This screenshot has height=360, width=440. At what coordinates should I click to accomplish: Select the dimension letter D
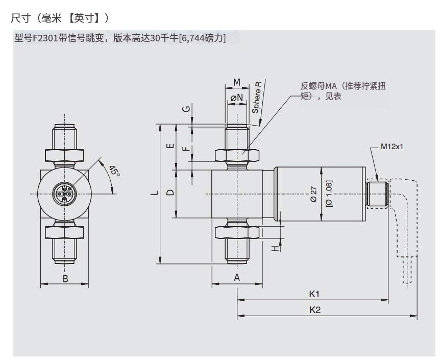click(170, 193)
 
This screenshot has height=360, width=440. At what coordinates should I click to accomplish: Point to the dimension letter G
click(187, 109)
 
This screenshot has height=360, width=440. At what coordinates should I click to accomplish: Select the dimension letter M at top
click(237, 82)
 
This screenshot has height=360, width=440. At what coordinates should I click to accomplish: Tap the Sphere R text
click(258, 97)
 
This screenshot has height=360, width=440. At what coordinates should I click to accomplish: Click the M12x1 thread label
click(392, 146)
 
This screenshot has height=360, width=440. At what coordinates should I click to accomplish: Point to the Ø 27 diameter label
click(314, 194)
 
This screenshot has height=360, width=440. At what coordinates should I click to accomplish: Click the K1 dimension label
click(314, 294)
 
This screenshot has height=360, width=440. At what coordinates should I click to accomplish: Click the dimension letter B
click(65, 278)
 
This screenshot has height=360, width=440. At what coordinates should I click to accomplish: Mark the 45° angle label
click(113, 173)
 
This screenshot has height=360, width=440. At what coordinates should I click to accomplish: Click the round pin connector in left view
click(65, 194)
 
